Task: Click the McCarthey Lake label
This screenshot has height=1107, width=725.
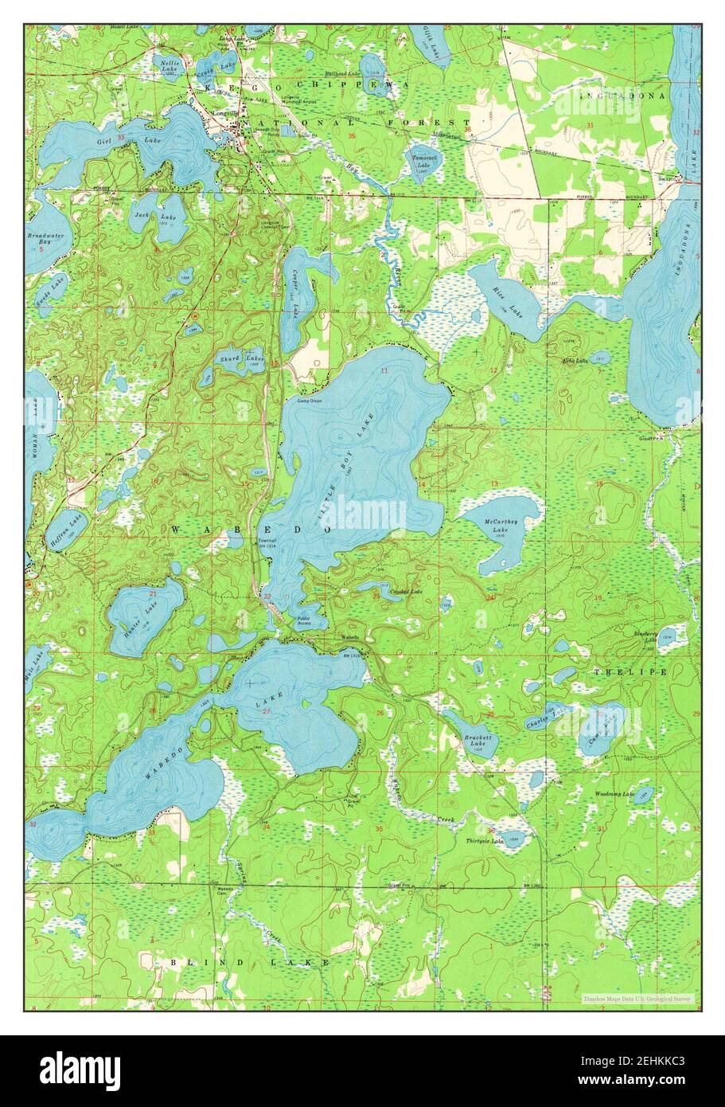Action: tap(501, 525)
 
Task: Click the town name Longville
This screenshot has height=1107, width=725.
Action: tap(219, 113)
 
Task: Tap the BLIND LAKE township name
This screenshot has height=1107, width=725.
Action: tap(249, 962)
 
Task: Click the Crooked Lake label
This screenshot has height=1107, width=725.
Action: tap(406, 593)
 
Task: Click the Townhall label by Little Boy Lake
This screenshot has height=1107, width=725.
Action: tap(266, 541)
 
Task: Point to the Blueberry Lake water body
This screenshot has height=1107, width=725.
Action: tap(668, 636)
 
